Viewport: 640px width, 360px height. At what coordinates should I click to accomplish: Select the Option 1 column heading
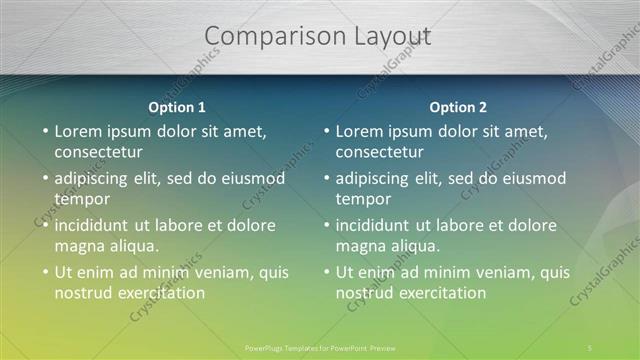click(x=177, y=107)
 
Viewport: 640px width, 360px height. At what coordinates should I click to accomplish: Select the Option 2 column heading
click(x=458, y=107)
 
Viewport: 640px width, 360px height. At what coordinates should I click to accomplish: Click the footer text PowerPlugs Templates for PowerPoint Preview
click(x=320, y=348)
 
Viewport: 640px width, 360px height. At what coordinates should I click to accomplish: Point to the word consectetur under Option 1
click(x=98, y=152)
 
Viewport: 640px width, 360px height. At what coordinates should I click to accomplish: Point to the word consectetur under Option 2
click(x=379, y=152)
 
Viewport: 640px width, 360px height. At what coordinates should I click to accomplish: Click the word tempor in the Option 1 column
click(x=81, y=199)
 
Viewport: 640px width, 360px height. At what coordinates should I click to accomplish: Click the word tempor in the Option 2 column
click(x=362, y=199)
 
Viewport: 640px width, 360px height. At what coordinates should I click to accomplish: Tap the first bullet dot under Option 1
click(x=44, y=131)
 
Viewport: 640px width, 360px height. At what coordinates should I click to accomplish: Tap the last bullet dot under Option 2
click(x=325, y=272)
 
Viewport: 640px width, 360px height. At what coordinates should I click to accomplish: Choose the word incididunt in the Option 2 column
click(x=376, y=225)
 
